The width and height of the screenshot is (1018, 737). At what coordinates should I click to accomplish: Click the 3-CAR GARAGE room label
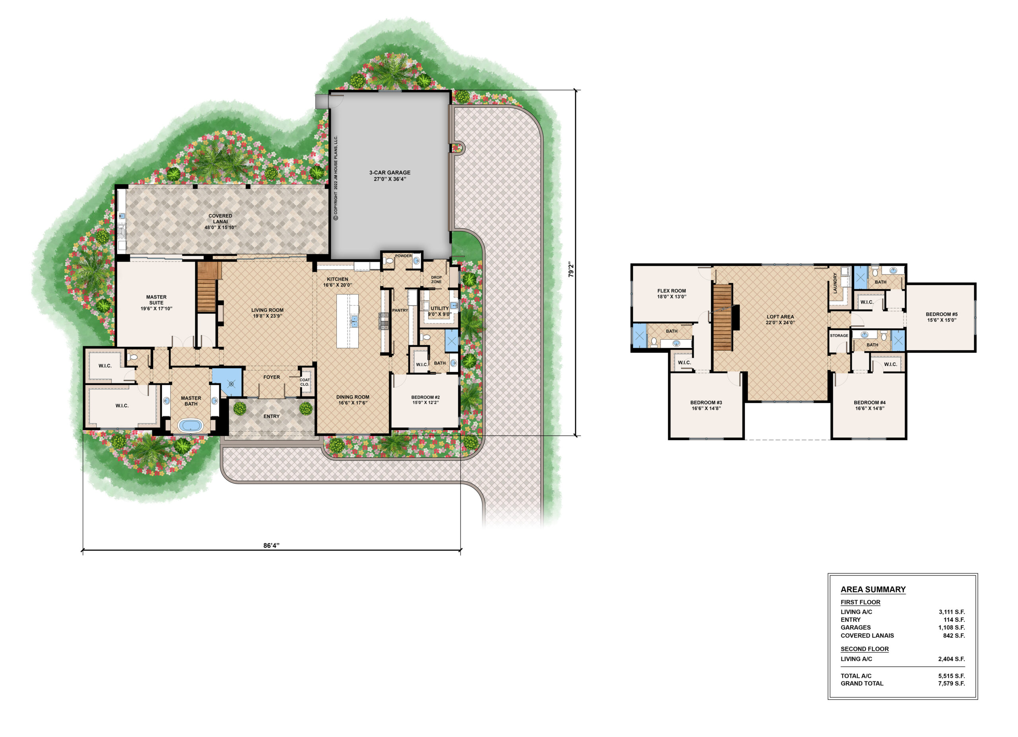(x=390, y=175)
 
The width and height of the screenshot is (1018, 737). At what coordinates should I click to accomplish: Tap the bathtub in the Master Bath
(x=191, y=425)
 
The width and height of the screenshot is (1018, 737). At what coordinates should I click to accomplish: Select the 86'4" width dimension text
(x=272, y=545)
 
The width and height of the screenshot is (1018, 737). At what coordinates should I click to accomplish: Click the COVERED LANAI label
(x=220, y=222)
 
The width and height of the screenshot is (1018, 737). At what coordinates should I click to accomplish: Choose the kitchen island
(x=348, y=321)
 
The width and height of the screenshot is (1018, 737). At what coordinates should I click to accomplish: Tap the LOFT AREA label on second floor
(x=780, y=319)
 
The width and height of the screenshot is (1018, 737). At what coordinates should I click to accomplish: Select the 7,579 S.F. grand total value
(x=951, y=683)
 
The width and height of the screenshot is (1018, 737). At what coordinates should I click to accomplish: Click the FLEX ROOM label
(x=672, y=293)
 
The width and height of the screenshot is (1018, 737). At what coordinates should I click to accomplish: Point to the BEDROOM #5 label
(x=942, y=317)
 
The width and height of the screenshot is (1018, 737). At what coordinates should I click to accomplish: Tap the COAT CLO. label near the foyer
(x=305, y=382)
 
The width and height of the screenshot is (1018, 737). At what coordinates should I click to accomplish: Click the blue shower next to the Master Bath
(x=227, y=382)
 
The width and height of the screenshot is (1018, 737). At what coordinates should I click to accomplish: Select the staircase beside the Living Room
(x=207, y=287)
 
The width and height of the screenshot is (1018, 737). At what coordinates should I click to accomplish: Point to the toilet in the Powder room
(x=389, y=261)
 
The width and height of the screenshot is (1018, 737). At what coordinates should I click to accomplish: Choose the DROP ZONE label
(x=436, y=279)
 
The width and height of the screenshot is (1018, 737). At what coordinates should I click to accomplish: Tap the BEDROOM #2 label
(x=425, y=400)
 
